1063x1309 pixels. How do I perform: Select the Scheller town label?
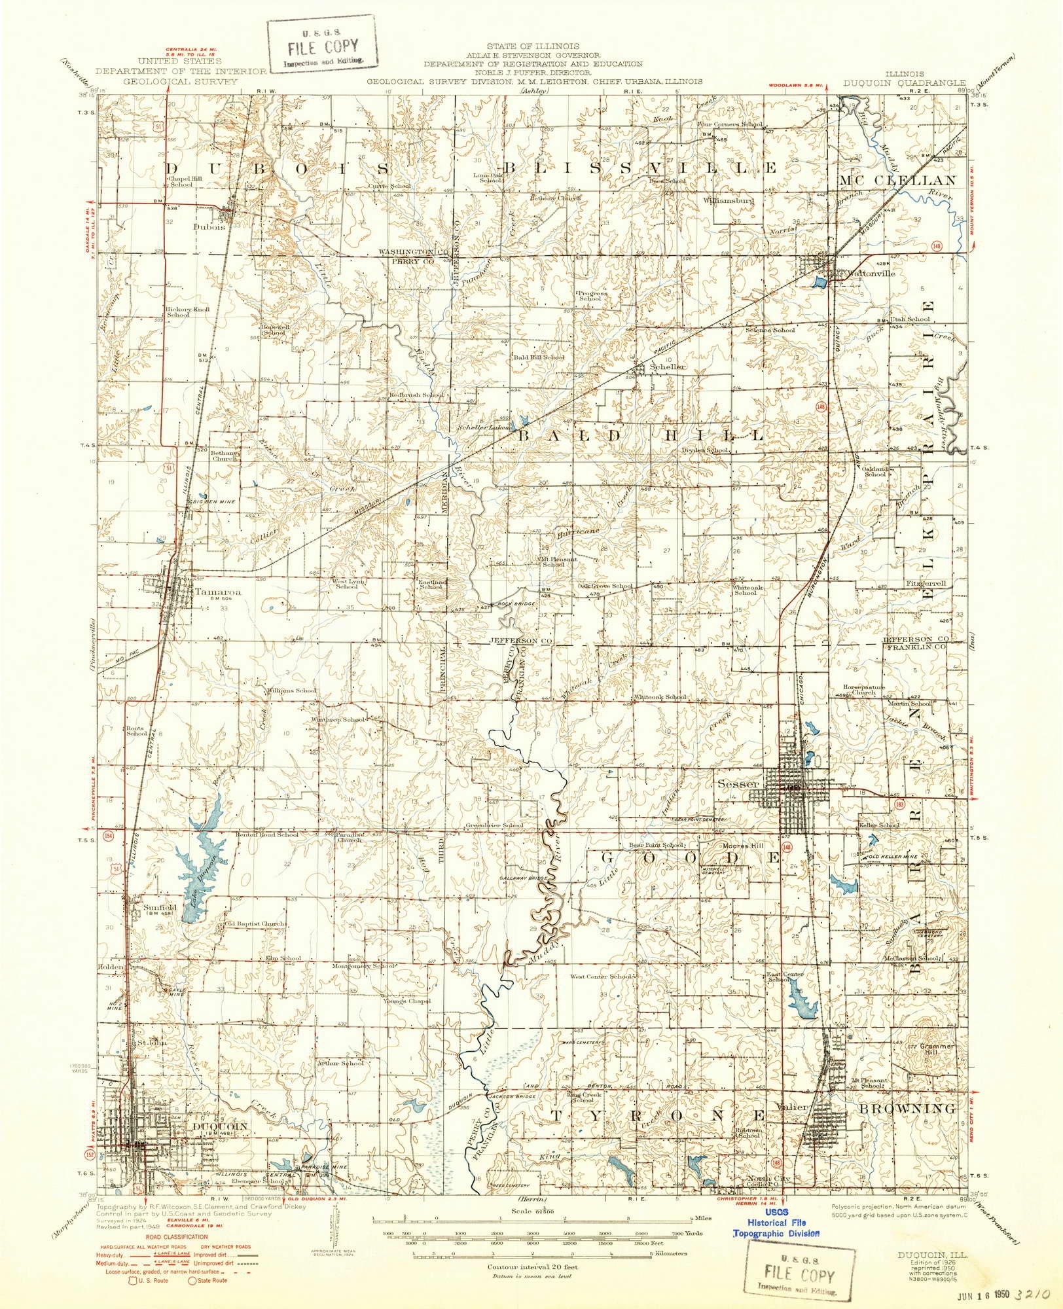pos(668,367)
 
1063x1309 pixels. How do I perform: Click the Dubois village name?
pos(209,227)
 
